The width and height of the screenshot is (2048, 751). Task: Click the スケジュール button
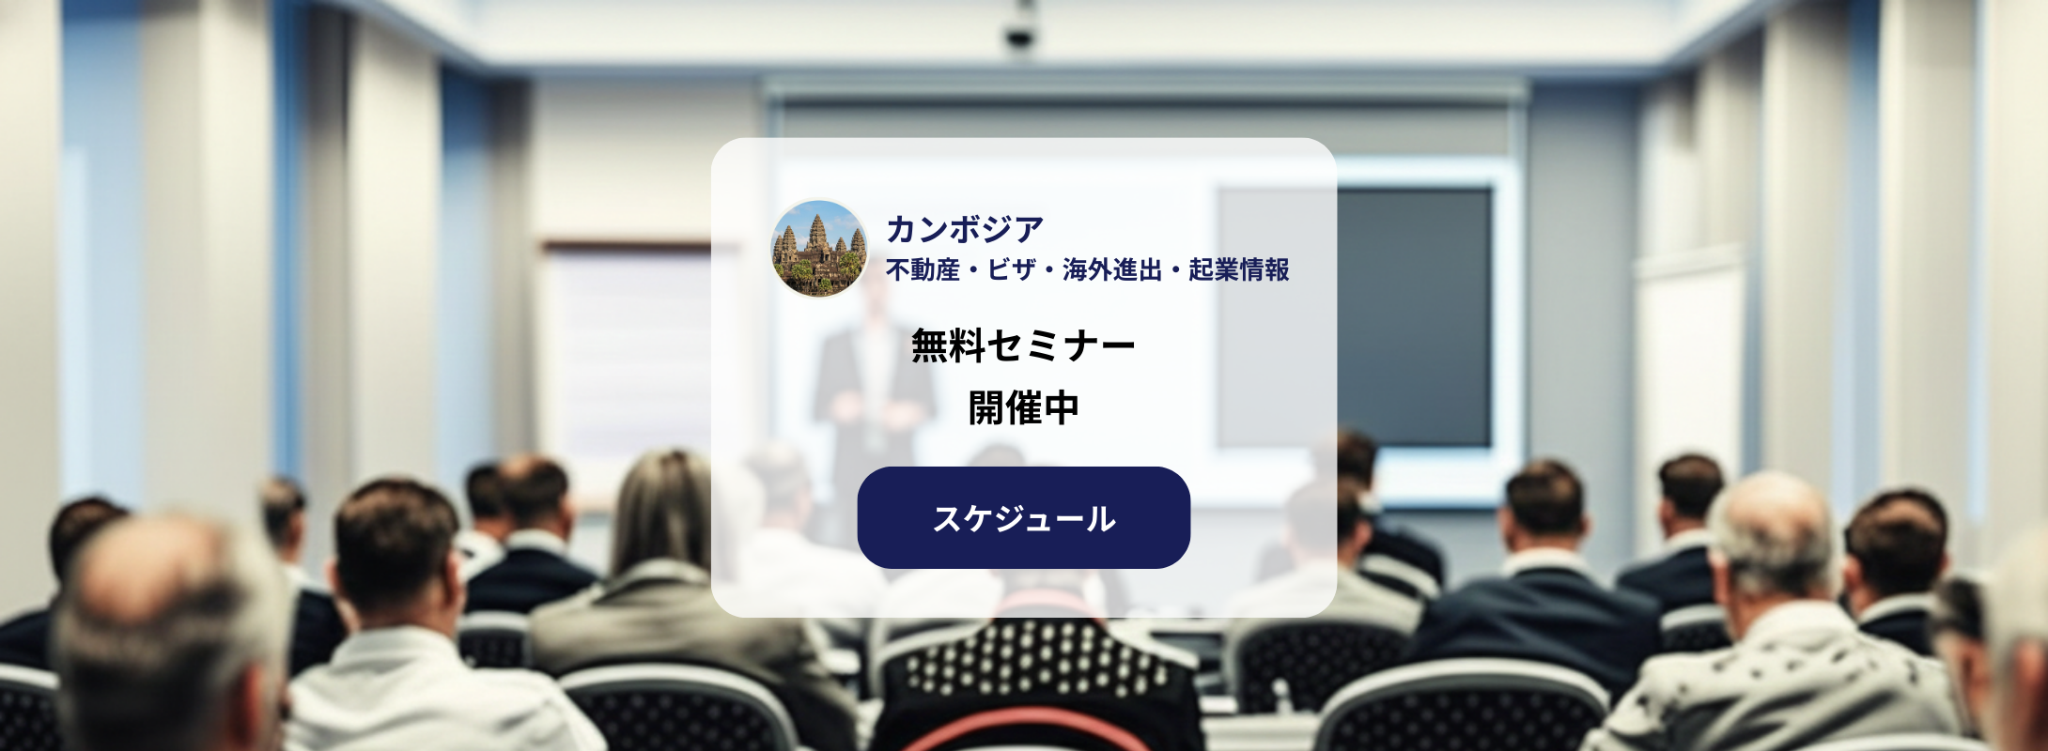[x=1023, y=517]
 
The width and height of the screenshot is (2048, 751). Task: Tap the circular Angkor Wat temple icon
[x=819, y=249]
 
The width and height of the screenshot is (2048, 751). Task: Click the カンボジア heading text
[x=965, y=229]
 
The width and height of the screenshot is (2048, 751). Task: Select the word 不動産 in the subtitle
[x=923, y=270]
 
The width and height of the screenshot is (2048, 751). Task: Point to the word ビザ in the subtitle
[x=1011, y=270]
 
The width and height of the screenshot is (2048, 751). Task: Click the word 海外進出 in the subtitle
[x=1112, y=270]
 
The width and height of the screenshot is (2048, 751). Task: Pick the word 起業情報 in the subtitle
[x=1239, y=270]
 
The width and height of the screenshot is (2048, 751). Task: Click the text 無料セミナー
[x=1023, y=346]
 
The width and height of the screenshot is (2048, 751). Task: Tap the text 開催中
[x=1023, y=408]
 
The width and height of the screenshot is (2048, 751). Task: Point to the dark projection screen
[x=1414, y=317]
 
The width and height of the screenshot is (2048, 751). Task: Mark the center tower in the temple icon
[x=817, y=234]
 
